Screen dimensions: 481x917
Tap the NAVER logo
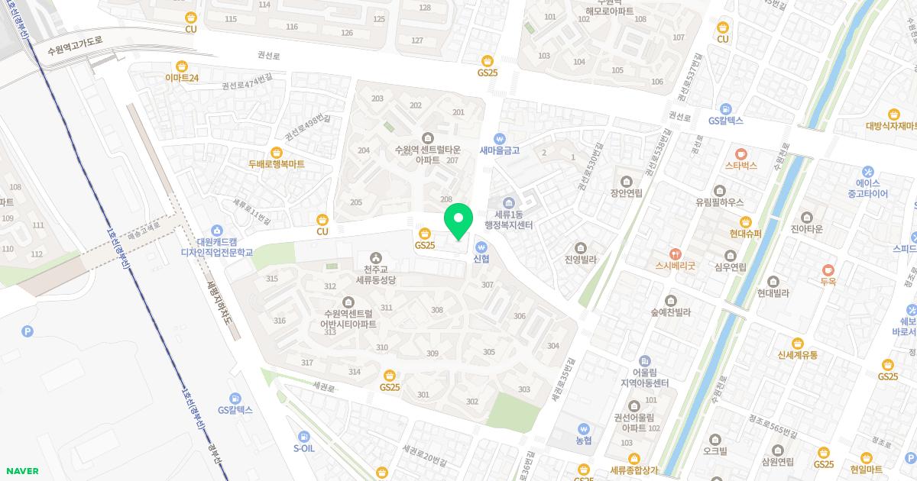pyautogui.click(x=21, y=471)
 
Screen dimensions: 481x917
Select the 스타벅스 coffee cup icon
pyautogui.click(x=740, y=152)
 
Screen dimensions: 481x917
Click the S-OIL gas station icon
pyautogui.click(x=304, y=436)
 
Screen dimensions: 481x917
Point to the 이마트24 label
pyautogui.click(x=182, y=78)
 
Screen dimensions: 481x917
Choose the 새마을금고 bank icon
pyautogui.click(x=500, y=138)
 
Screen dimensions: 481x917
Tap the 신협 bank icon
pyautogui.click(x=481, y=247)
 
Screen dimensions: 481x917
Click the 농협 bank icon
pyautogui.click(x=584, y=429)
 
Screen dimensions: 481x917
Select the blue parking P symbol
pyautogui.click(x=28, y=331)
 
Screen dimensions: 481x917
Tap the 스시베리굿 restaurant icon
pyautogui.click(x=674, y=253)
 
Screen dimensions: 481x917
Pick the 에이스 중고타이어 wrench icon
pyautogui.click(x=867, y=171)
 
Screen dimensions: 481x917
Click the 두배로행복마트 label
pyautogui.click(x=276, y=163)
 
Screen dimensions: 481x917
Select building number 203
pyautogui.click(x=377, y=98)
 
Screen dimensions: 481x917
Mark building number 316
pyautogui.click(x=280, y=321)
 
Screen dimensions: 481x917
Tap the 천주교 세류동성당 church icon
pyautogui.click(x=375, y=257)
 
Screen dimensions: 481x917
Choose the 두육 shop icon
pyautogui.click(x=828, y=270)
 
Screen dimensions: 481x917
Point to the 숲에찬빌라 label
pyautogui.click(x=670, y=312)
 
